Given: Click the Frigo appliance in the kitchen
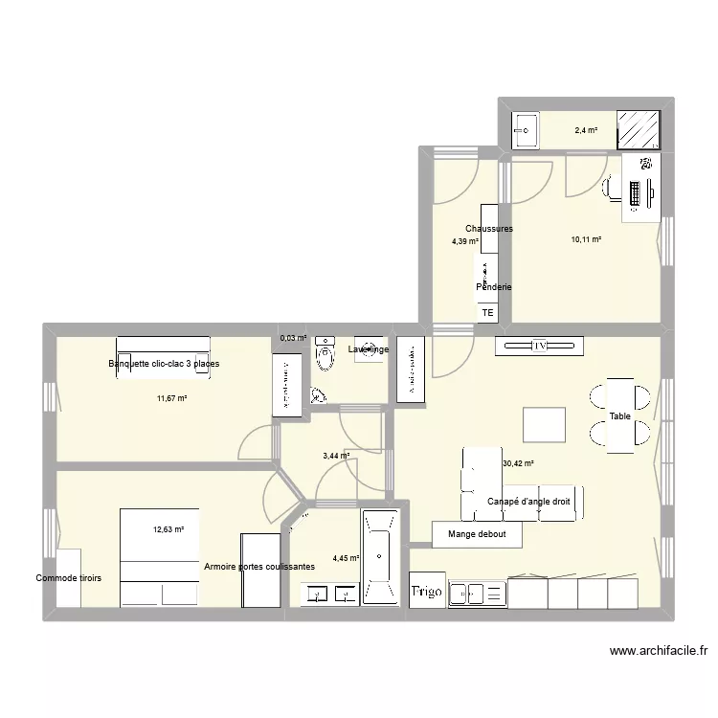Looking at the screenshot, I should pos(427,592).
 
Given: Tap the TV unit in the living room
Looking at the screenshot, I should pos(539,345).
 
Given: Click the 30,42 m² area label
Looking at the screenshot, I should pos(517,464).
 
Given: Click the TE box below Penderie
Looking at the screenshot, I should pos(487,313).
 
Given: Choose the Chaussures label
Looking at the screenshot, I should pos(489,229).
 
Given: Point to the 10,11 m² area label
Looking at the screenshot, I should pos(586,239).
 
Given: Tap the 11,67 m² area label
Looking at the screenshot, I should pos(171,398).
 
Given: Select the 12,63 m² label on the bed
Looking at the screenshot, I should pos(168,528).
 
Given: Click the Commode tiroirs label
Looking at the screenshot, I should pos(69,578).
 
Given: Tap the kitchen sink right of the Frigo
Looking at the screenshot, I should pos(476,594).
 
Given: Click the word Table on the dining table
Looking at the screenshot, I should pos(620,417).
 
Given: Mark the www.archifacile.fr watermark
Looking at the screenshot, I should pos(660,651).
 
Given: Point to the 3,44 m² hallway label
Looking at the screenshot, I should pos(336,456).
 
